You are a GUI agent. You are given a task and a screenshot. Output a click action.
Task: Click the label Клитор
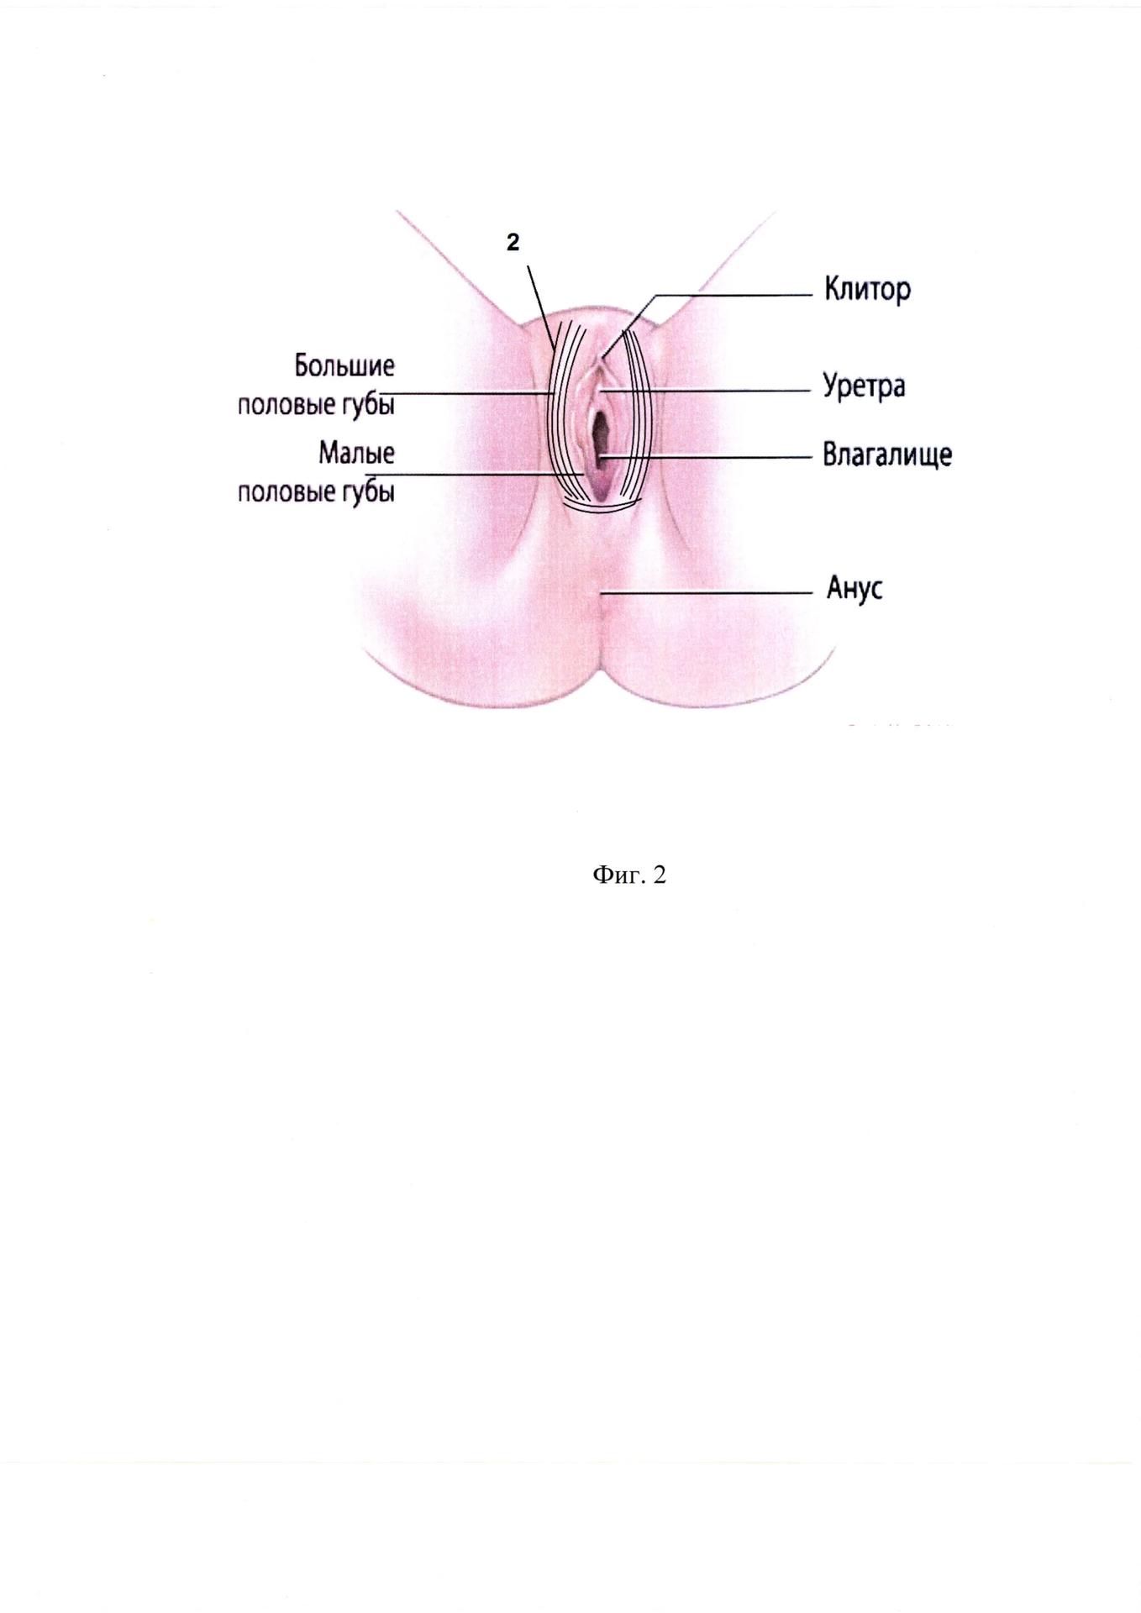coord(867,291)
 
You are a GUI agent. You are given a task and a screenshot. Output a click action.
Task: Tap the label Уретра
coord(864,387)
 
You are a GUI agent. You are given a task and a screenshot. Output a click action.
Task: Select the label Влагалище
coord(887,455)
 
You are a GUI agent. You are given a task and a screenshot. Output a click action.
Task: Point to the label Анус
coord(854,588)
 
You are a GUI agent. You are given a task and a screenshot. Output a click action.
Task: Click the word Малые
coord(356,454)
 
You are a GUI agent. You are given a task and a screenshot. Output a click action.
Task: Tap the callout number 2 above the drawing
coord(513,243)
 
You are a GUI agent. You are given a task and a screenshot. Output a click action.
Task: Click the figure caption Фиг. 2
coord(629,875)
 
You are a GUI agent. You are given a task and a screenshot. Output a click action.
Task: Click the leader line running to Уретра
coord(707,391)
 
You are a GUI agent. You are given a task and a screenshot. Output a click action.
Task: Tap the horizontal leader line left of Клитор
coord(733,295)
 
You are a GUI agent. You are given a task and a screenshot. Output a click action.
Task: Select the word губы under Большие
coord(366,405)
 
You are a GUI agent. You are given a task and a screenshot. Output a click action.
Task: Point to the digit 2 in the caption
coord(660,875)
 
